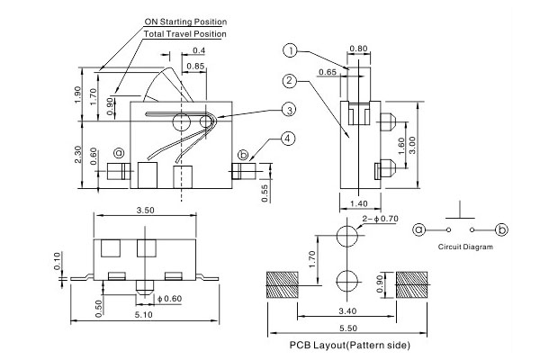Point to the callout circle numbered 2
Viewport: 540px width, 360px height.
tap(290, 80)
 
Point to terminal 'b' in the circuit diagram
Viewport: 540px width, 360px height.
tap(502, 230)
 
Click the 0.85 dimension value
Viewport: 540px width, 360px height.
tap(195, 66)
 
